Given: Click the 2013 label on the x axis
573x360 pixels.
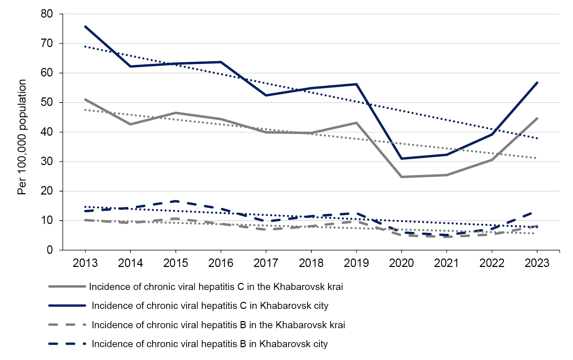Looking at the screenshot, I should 85,263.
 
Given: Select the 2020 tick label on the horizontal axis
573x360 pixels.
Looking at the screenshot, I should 401,263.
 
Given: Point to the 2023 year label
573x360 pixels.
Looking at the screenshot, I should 537,263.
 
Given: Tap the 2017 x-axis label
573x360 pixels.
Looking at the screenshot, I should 266,263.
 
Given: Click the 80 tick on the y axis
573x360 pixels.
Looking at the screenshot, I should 47,14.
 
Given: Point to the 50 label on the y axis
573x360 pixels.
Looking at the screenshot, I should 47,103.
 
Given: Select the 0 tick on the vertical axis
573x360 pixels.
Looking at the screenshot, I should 50,250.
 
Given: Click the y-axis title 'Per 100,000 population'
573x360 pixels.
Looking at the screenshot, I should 22,137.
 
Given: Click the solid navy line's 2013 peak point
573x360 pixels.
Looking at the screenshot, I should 85,26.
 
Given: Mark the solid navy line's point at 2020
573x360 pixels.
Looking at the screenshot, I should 401,158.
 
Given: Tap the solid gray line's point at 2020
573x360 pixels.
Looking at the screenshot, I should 401,177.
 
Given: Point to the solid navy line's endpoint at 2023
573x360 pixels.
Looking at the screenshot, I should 537,83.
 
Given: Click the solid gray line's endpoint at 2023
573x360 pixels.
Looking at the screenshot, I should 537,118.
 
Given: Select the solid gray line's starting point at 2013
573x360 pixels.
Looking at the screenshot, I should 85,99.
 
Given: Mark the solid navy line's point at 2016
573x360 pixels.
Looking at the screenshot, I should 221,62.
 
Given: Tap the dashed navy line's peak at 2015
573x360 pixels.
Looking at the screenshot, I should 175,201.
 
